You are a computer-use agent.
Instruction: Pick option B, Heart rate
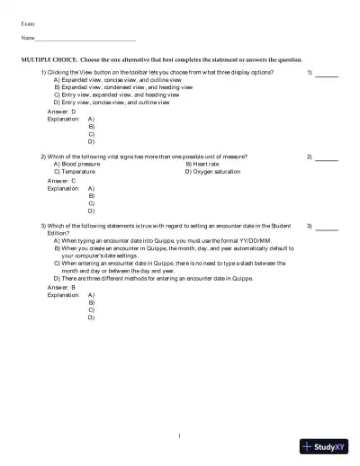(206, 164)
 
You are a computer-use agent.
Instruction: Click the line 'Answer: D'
(61, 112)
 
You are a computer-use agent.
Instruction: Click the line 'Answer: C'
(61, 180)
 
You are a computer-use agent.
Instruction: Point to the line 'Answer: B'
(61, 286)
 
